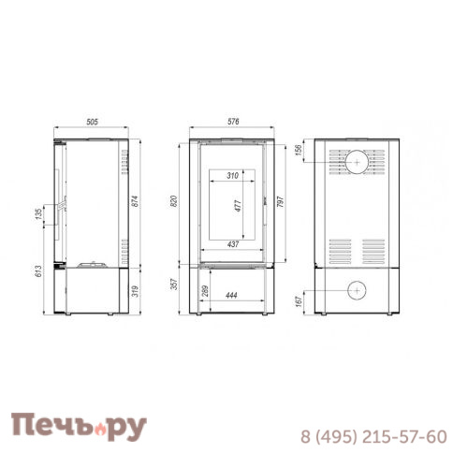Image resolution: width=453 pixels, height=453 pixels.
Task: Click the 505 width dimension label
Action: point(92,122)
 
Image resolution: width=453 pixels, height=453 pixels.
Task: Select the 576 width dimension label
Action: point(233,122)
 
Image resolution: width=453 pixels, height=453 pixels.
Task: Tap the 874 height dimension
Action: point(135,201)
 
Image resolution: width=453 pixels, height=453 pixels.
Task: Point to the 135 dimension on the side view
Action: point(38,214)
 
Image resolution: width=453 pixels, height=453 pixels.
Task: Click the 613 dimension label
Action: point(38,271)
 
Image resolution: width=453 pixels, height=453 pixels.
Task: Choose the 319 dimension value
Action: point(135,291)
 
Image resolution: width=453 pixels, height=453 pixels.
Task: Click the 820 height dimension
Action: point(174,201)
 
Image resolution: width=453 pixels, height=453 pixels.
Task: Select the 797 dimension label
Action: point(280,202)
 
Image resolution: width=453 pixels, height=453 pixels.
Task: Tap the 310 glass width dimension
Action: point(232,176)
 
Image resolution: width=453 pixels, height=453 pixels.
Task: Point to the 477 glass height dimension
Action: point(239,206)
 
